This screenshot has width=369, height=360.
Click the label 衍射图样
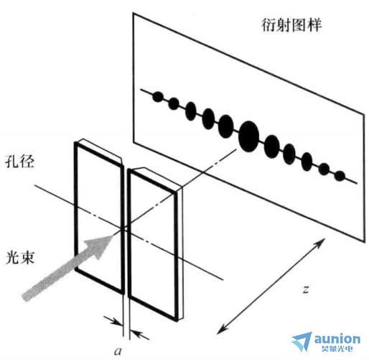click(x=291, y=25)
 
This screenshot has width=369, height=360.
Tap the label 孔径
click(x=19, y=162)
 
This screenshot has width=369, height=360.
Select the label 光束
click(x=20, y=258)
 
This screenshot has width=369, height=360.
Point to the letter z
click(x=306, y=290)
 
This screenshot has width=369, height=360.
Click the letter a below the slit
click(x=118, y=351)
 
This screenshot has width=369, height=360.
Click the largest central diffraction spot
click(x=249, y=137)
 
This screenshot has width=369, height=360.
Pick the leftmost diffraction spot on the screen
click(x=158, y=97)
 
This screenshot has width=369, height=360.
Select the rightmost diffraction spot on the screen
click(x=340, y=176)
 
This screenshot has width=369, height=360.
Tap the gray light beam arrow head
click(x=102, y=246)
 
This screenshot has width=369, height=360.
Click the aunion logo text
click(x=337, y=339)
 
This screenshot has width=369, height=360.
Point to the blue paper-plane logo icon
click(x=302, y=341)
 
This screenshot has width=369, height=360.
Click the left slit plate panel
click(x=99, y=217)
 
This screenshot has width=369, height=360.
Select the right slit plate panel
click(x=153, y=244)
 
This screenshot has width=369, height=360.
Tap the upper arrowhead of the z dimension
click(x=321, y=242)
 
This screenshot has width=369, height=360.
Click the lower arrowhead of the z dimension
click(x=221, y=329)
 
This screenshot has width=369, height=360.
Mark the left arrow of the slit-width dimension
click(x=113, y=320)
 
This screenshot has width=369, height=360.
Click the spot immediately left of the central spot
click(x=225, y=126)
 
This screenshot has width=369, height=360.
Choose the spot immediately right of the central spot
click(x=272, y=146)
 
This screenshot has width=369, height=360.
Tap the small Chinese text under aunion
click(x=337, y=349)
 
